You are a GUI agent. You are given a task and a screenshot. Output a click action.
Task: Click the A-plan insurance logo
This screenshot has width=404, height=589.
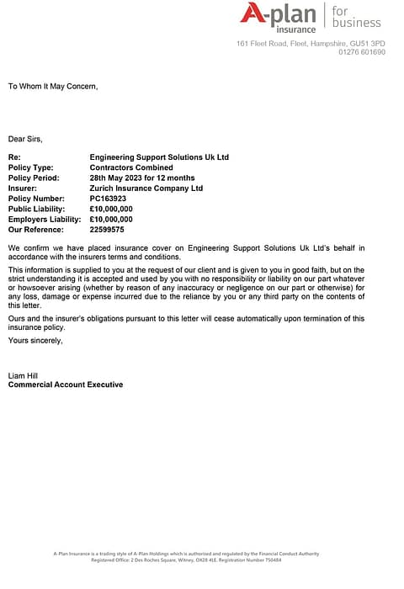click(278, 17)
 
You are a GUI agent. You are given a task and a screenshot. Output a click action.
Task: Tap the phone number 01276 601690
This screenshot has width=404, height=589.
click(362, 52)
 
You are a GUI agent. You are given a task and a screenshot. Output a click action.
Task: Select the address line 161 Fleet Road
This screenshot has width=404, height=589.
click(311, 43)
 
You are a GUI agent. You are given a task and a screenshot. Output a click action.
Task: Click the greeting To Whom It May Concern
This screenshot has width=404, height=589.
click(53, 86)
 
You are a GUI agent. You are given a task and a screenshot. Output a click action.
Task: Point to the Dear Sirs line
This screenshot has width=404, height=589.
click(25, 138)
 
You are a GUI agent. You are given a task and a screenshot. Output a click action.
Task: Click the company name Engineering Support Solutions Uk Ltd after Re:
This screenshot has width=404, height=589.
click(158, 157)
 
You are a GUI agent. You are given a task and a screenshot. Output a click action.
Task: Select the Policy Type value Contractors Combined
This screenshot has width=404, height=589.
click(130, 167)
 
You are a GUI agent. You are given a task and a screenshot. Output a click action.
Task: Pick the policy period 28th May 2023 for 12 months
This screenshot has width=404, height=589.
click(141, 178)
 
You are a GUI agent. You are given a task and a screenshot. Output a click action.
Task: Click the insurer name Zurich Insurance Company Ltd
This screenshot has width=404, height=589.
click(146, 188)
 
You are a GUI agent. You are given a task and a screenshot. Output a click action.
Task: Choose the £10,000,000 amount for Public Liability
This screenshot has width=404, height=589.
click(111, 209)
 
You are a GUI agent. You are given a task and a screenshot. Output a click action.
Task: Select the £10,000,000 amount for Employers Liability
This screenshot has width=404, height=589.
click(111, 219)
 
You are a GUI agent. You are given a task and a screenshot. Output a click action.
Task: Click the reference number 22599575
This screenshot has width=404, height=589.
click(107, 229)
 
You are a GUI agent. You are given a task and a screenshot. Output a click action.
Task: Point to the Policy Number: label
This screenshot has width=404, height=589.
click(36, 199)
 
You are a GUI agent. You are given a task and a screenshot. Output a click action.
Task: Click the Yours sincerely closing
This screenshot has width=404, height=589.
click(35, 340)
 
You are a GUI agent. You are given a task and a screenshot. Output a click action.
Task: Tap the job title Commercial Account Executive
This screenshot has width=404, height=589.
click(65, 385)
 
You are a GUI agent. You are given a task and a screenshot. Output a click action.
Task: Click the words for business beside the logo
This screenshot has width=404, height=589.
click(355, 17)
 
